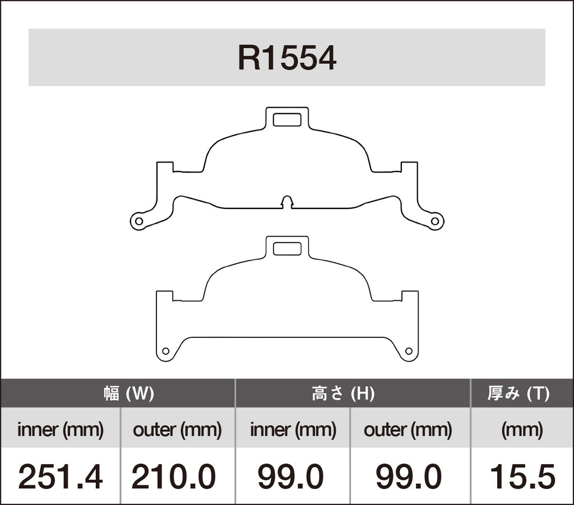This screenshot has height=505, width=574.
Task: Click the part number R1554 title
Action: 287,58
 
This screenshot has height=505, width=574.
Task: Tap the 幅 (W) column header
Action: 129,394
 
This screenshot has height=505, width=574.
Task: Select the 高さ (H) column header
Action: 343,394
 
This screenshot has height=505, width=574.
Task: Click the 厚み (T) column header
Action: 519,394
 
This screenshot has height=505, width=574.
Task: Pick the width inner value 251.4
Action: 61,476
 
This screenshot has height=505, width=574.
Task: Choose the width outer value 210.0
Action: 174,476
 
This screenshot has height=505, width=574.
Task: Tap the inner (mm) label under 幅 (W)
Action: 61,430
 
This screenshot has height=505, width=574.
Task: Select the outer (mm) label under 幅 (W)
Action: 177,430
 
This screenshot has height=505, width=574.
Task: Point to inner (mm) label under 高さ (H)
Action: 293,430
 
